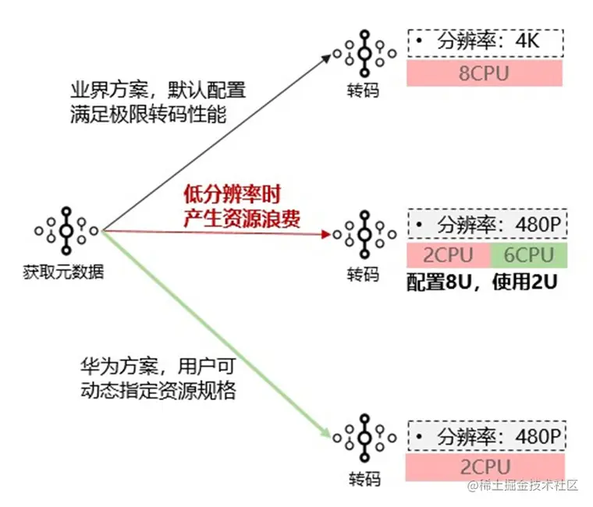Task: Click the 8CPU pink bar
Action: [x=484, y=73]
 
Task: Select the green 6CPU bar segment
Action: [x=529, y=255]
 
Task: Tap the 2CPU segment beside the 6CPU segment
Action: [x=448, y=255]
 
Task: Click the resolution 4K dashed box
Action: [x=484, y=42]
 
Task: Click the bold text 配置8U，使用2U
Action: [x=481, y=282]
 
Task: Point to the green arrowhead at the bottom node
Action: [x=326, y=433]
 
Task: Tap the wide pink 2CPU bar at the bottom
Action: [x=484, y=468]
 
